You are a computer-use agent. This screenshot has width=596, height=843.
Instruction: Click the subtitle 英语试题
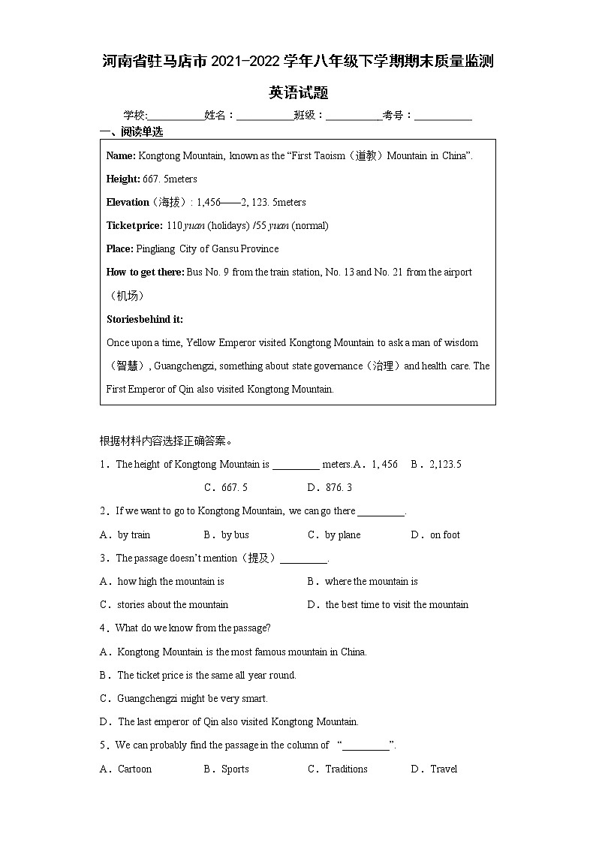click(298, 93)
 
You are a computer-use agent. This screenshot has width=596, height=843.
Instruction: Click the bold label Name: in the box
click(121, 156)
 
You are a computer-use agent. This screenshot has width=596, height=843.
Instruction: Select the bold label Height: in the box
click(123, 179)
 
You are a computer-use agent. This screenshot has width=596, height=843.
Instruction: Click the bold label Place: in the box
click(120, 249)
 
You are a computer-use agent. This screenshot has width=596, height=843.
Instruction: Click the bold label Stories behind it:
click(145, 320)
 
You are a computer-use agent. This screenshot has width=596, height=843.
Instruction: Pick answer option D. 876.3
click(330, 488)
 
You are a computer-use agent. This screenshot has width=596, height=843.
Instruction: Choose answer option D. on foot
click(435, 535)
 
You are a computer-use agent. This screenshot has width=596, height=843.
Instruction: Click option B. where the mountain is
click(363, 582)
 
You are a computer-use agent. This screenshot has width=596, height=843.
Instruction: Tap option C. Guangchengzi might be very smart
click(184, 699)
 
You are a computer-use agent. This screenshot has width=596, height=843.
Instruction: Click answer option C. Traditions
click(338, 769)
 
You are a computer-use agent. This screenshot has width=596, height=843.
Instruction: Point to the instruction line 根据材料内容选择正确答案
click(166, 441)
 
